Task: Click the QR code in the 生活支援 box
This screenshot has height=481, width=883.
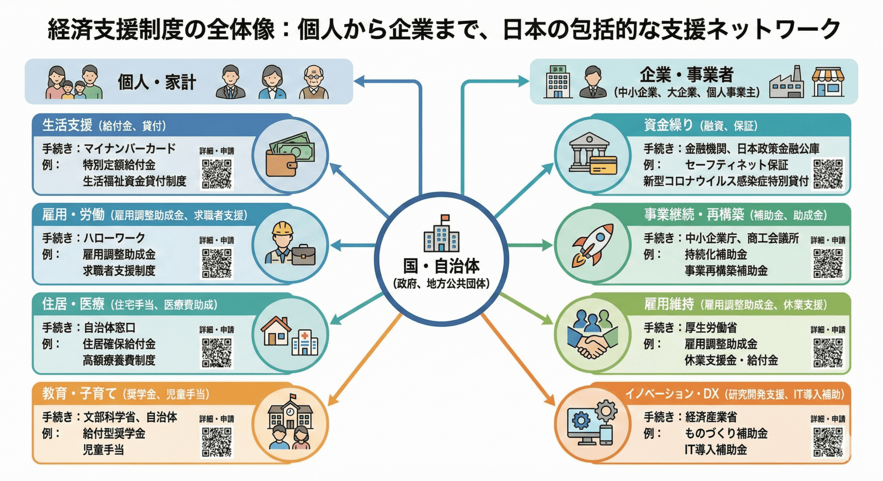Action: [x=217, y=174]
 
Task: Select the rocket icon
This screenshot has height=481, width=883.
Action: [x=593, y=245]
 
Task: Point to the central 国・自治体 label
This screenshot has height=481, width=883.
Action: [x=441, y=266]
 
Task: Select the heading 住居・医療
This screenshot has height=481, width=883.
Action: [x=73, y=304]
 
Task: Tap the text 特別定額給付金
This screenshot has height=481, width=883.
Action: [x=119, y=165]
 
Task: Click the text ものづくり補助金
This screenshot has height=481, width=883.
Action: [x=726, y=433]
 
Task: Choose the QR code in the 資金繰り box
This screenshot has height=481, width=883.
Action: [x=828, y=174]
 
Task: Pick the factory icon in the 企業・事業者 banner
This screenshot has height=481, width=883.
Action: [x=786, y=83]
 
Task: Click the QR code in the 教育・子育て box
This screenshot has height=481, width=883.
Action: [x=217, y=442]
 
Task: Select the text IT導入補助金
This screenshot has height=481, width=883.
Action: [x=716, y=450]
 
